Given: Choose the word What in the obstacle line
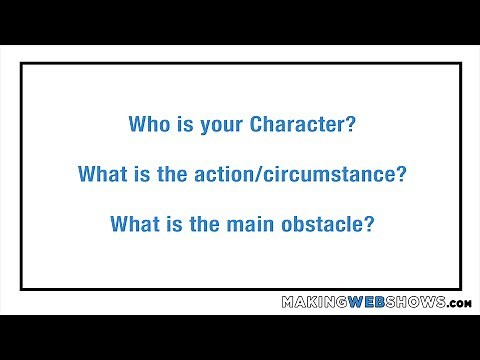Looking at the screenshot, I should click(x=132, y=223).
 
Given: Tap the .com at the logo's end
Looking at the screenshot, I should click(x=460, y=303).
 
